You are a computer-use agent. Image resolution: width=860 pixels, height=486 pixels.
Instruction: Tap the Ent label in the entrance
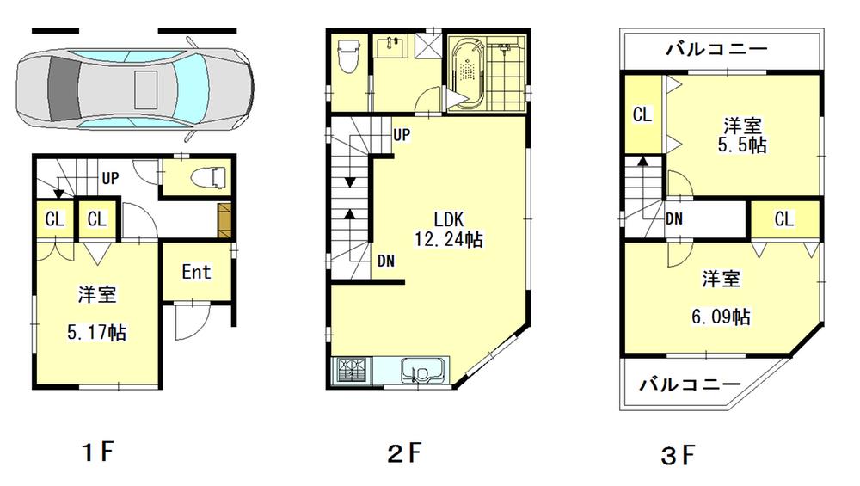(196, 272)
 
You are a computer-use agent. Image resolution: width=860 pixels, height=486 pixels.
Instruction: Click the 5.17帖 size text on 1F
(96, 332)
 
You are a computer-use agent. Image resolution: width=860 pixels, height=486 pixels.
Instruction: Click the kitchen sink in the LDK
(422, 372)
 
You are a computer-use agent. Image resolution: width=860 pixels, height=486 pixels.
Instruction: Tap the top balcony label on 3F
(716, 49)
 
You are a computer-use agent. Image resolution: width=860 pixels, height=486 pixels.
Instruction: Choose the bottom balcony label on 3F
(691, 384)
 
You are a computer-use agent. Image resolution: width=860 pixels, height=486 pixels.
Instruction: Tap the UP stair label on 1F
(110, 179)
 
